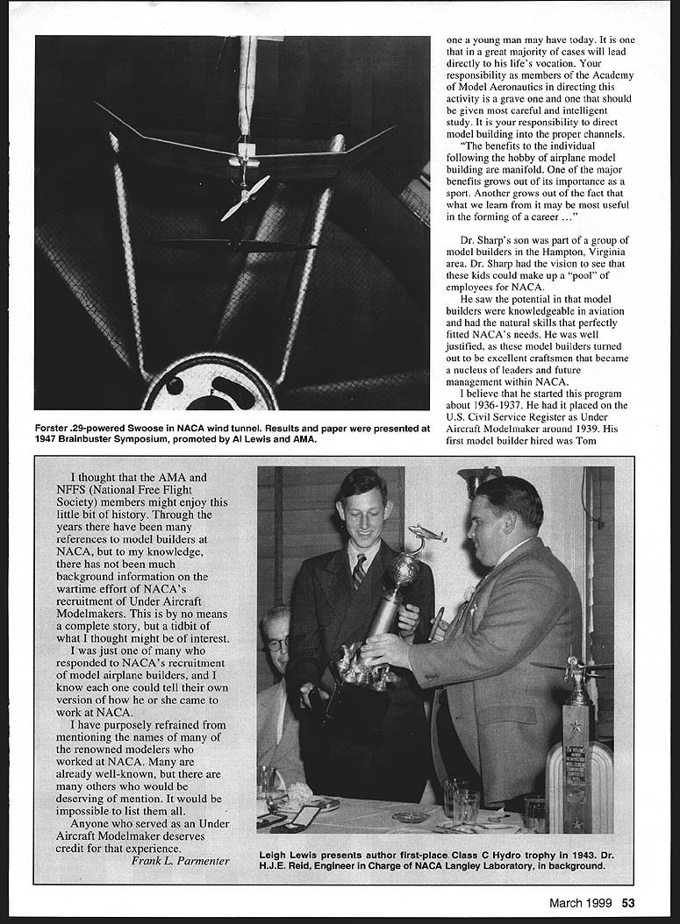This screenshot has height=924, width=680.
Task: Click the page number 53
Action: (x=628, y=903)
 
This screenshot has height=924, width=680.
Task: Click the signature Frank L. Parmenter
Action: (x=180, y=860)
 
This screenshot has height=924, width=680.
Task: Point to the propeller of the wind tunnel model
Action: (x=245, y=198)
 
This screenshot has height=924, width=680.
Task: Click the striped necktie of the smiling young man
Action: (x=359, y=572)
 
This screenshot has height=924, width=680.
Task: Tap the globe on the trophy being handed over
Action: (x=403, y=570)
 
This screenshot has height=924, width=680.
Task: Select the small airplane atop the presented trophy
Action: (x=426, y=534)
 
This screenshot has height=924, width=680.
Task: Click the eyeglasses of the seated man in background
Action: (x=276, y=644)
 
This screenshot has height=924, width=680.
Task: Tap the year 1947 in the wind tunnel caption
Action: (x=50, y=440)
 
